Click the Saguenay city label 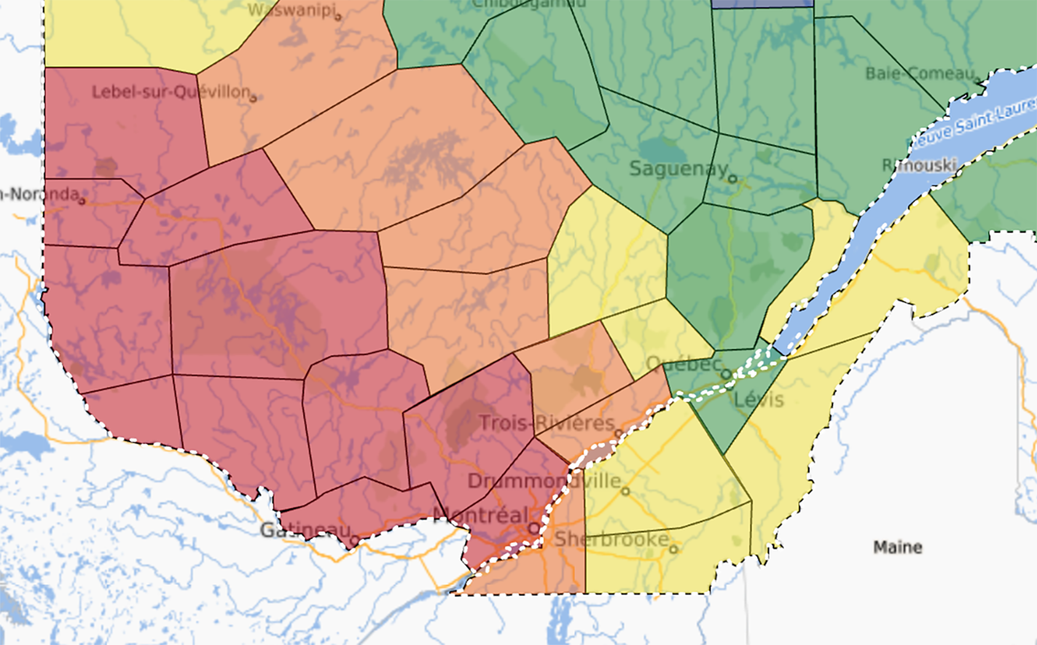click(x=678, y=169)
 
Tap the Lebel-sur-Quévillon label click(x=170, y=92)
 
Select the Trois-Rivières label click(x=547, y=423)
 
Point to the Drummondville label click(x=544, y=481)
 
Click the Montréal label click(x=481, y=515)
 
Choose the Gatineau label click(x=305, y=530)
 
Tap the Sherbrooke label click(x=611, y=539)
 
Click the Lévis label click(x=759, y=400)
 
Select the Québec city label click(x=683, y=364)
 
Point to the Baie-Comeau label click(x=919, y=73)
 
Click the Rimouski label click(x=919, y=165)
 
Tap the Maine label click(x=897, y=547)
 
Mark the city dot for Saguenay click(x=732, y=179)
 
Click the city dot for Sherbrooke click(x=673, y=549)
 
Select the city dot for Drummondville click(x=625, y=491)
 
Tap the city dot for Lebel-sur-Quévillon click(x=253, y=98)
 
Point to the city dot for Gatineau click(x=354, y=540)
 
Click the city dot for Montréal click(x=534, y=528)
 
